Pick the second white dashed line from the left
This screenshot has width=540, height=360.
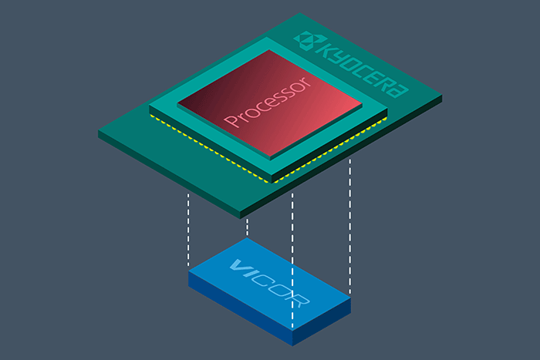tap(247, 227)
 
